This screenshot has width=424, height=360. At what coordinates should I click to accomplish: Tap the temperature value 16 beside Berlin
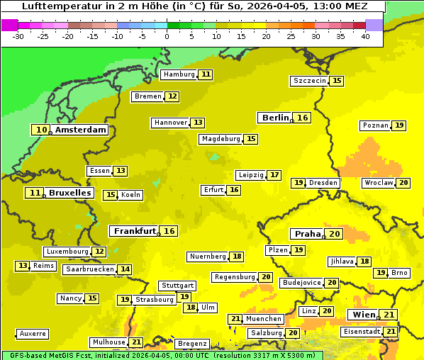(x=303, y=118)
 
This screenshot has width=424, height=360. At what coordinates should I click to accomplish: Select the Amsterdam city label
(x=81, y=130)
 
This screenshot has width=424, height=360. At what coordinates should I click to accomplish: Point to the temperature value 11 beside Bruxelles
(x=34, y=193)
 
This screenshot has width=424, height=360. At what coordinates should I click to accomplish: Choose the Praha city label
(x=308, y=234)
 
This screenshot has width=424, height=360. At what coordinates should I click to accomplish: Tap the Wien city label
(x=362, y=315)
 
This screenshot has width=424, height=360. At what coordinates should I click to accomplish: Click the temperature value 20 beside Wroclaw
(x=403, y=183)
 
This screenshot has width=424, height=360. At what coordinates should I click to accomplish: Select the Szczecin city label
(x=310, y=81)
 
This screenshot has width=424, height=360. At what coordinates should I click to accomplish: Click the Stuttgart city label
(x=177, y=286)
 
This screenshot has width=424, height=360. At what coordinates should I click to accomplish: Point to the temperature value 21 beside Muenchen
(x=235, y=319)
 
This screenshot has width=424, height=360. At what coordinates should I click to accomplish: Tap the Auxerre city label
(x=33, y=333)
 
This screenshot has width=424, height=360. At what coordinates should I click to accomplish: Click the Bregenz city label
(x=192, y=344)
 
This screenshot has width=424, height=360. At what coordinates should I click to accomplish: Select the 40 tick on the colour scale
(x=365, y=35)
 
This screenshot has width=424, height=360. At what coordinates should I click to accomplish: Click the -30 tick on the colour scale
(x=19, y=35)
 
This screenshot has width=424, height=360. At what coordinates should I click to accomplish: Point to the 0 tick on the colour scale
(x=167, y=35)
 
